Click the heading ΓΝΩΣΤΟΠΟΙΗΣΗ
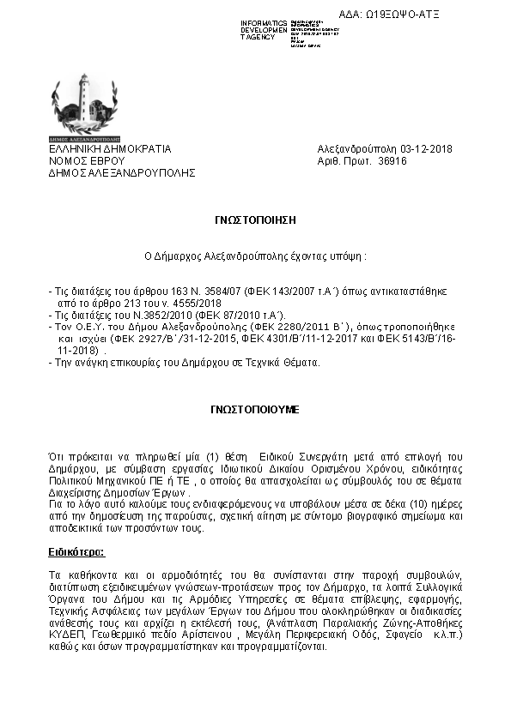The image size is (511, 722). pos(255,220)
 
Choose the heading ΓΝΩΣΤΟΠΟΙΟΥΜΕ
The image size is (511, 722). pos(255,410)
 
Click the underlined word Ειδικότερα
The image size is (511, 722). pos(76,526)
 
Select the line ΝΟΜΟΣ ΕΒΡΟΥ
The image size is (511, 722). pos(87,160)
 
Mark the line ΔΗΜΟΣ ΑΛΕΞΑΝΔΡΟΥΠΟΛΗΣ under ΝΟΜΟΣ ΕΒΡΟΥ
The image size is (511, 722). pos(122,172)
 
